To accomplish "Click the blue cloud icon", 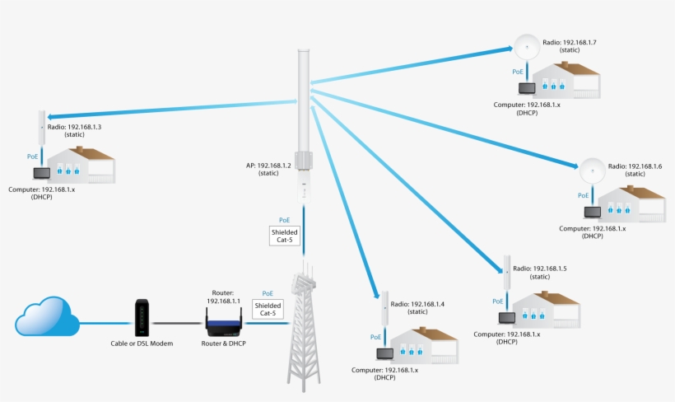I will [47, 318].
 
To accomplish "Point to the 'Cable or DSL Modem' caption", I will [142, 344].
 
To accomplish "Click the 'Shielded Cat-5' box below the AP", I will [284, 236].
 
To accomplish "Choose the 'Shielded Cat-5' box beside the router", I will [268, 308].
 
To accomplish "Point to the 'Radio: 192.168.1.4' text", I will [421, 308].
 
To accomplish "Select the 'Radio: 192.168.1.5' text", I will [540, 273].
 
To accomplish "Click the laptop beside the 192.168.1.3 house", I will [40, 173].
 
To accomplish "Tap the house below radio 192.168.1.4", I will [421, 344].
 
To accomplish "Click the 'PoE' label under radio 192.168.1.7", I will [518, 72].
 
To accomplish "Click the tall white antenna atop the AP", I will [304, 91].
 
